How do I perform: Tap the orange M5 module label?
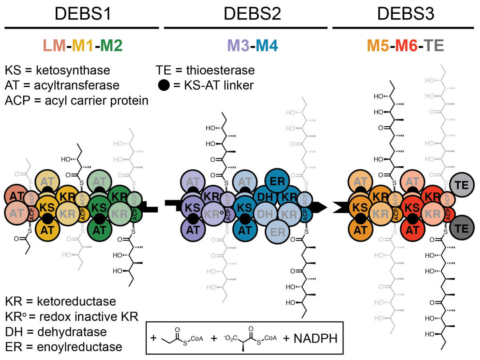(x=377, y=45)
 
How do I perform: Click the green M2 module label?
(x=111, y=45)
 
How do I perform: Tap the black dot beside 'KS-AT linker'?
(x=164, y=85)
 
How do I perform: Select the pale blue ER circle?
(x=277, y=231)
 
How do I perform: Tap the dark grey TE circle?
(x=459, y=228)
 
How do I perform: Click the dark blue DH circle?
(x=265, y=196)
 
